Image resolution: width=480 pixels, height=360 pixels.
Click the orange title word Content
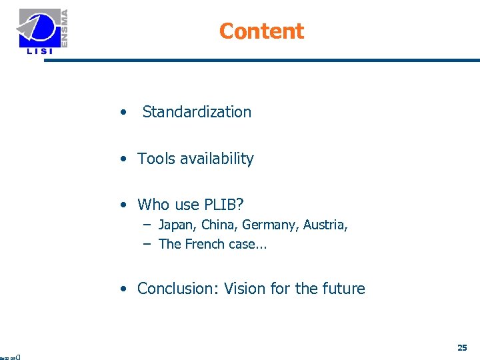point(261,31)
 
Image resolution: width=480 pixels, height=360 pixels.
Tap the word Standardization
point(197,112)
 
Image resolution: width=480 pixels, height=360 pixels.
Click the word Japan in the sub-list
point(175,225)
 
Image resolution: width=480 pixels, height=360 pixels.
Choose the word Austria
point(325,225)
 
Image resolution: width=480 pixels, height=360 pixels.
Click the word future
point(343,289)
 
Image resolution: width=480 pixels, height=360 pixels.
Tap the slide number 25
point(462,347)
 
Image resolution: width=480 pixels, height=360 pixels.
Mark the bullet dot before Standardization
point(123,113)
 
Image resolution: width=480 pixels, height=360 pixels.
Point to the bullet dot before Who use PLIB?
point(124,205)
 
